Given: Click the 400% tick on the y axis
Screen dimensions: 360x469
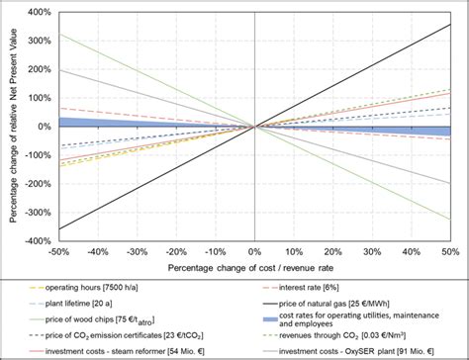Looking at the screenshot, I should click(x=38, y=13).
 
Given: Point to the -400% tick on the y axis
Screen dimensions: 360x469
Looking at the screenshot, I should click(x=38, y=240).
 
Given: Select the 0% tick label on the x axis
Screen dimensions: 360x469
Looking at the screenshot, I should click(x=255, y=252).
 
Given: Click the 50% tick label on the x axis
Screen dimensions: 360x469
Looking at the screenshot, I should click(x=450, y=252).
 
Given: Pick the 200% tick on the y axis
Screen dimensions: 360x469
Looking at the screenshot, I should click(x=38, y=70).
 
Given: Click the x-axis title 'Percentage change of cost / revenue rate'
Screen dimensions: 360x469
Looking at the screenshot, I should click(x=255, y=269).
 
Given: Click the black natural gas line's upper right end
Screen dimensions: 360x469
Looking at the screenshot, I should click(x=450, y=25).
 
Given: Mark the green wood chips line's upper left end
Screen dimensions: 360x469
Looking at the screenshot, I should click(x=60, y=35).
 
